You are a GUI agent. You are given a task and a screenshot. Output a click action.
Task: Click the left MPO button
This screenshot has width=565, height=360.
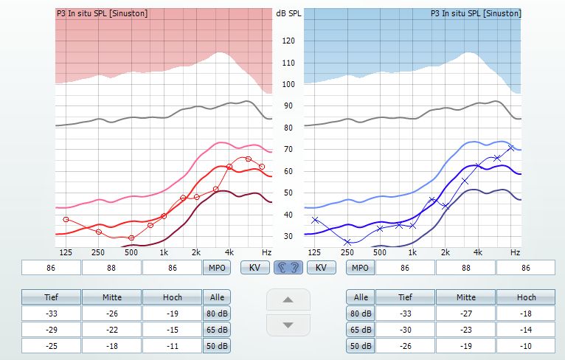pos(216,267)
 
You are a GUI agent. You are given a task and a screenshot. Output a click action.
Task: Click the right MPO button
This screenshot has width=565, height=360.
pos(360,267)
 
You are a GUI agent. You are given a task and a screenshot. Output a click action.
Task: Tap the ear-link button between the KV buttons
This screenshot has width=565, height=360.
pos(288,267)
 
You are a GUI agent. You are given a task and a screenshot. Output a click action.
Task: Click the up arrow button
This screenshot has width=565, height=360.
pos(288,300)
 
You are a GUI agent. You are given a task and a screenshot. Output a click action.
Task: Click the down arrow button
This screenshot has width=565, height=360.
pos(288,325)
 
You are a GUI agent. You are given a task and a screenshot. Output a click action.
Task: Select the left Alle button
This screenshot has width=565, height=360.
pos(216,297)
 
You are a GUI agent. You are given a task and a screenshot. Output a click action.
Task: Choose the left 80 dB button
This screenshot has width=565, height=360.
pos(216,314)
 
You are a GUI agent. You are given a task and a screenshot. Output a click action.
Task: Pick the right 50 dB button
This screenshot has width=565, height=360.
pos(360,346)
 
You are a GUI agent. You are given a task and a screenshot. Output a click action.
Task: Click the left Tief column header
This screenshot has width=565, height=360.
pos(50,297)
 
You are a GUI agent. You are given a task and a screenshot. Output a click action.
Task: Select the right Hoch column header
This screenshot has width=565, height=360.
pos(526,297)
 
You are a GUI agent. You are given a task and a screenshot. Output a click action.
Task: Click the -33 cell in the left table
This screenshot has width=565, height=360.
pos(50,314)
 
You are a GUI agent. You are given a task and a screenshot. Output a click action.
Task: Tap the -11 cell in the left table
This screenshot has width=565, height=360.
pos(171,346)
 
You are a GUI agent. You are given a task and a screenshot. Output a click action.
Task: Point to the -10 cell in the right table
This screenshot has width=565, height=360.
pos(526,346)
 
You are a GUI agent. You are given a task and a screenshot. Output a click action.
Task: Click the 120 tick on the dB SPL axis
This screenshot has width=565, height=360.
pos(288,41)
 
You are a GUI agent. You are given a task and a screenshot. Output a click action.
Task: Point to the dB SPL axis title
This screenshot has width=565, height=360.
pos(288,14)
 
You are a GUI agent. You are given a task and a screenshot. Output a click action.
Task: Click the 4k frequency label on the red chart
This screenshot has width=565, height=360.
pos(229,252)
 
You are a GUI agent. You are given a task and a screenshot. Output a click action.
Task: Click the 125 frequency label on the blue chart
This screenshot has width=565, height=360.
pos(315,252)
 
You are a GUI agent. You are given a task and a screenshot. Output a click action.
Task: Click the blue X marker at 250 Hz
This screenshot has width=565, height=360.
pos(347,242)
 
